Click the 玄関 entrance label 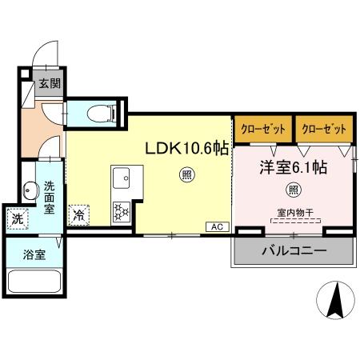click(x=49, y=83)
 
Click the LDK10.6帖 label click(x=186, y=148)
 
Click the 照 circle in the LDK click(x=186, y=177)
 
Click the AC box click(x=216, y=227)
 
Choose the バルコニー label click(x=293, y=251)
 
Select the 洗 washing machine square click(x=18, y=218)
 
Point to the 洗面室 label click(x=50, y=197)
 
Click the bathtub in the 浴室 click(x=34, y=285)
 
